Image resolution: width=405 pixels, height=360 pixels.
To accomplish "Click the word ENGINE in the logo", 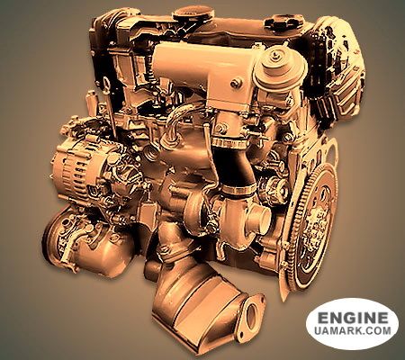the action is click(352, 318).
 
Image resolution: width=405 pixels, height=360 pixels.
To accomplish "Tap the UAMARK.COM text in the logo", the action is click(353, 331).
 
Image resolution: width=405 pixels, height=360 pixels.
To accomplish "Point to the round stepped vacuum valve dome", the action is click(280, 67).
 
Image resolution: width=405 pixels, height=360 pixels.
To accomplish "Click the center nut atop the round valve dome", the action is click(274, 55).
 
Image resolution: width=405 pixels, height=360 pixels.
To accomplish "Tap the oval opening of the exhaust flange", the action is click(253, 312).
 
